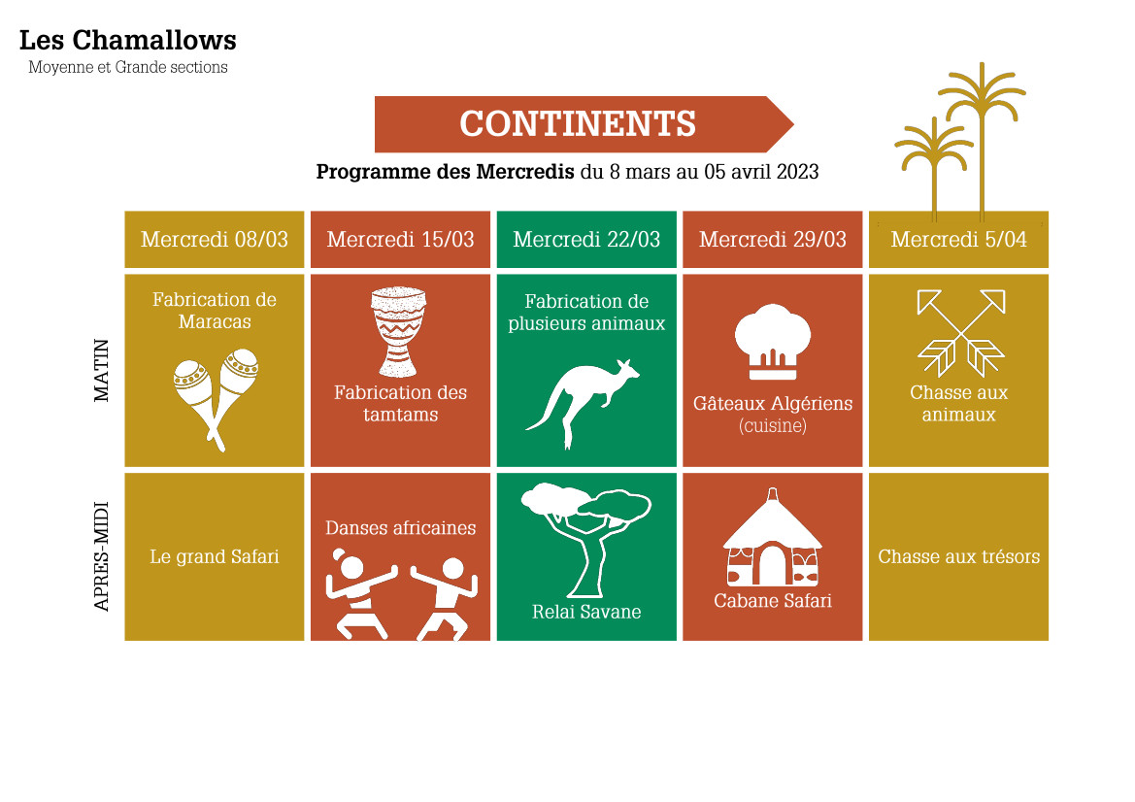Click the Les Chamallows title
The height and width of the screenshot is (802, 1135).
click(127, 41)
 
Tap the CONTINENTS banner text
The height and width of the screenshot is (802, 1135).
click(578, 123)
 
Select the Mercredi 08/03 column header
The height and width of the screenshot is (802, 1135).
click(215, 240)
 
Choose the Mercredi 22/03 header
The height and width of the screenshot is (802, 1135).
click(586, 240)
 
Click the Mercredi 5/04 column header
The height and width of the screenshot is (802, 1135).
click(958, 240)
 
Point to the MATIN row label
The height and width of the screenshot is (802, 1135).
click(101, 371)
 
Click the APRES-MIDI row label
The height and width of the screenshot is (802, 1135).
click(101, 556)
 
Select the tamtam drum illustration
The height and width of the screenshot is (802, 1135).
click(398, 332)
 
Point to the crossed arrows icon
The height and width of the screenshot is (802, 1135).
click(960, 333)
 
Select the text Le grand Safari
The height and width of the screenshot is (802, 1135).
click(215, 556)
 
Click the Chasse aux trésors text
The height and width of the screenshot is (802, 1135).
click(958, 556)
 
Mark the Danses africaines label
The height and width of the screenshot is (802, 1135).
click(400, 527)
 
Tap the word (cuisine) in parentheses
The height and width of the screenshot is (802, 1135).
click(772, 425)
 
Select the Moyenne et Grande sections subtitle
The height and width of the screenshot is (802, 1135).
click(128, 67)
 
